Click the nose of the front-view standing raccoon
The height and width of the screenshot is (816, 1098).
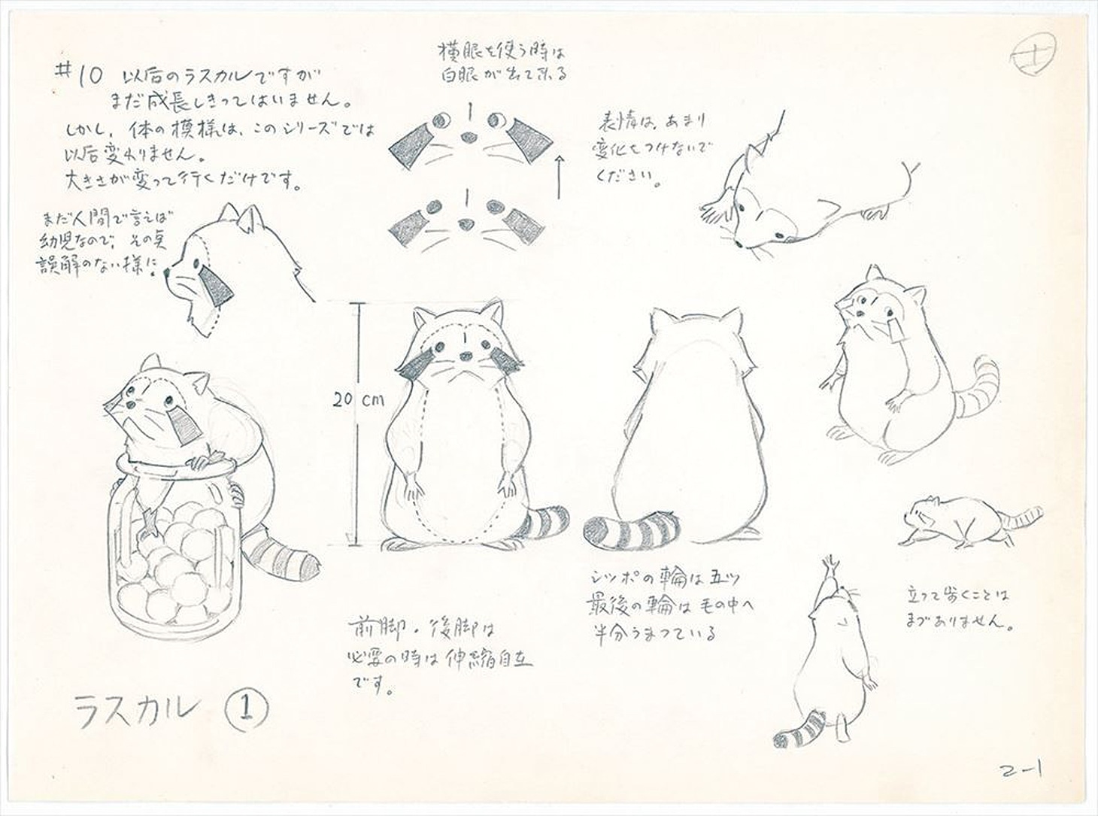pos(466,356)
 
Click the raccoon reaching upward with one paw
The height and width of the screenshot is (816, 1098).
pos(827,662)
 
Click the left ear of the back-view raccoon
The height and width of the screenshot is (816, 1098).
pos(660,318)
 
